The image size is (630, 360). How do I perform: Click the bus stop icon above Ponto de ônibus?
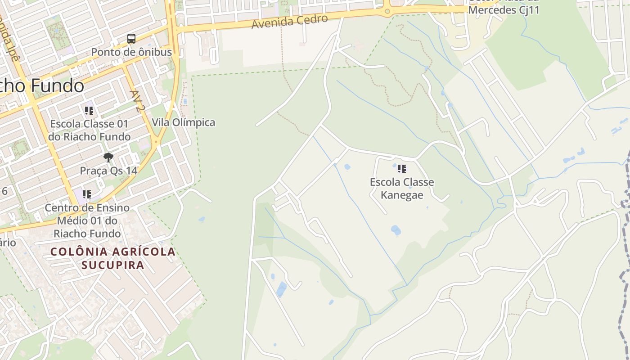coord(131,39)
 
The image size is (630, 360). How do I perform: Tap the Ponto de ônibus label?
coord(131,52)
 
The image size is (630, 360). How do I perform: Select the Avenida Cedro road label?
coord(289,21)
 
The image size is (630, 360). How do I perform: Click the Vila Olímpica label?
coord(183,122)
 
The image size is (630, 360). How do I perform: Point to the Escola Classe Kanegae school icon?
coord(402,169)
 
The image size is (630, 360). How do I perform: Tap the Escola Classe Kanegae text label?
coord(402,188)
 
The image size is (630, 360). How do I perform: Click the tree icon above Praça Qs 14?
coord(108,157)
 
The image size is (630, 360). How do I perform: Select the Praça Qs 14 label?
coord(108,171)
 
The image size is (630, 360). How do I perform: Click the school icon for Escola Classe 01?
coord(89,110)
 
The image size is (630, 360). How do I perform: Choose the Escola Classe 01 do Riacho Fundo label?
coord(89,130)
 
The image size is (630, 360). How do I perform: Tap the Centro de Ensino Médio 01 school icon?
coord(87,194)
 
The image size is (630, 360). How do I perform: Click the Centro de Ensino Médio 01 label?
coord(87,220)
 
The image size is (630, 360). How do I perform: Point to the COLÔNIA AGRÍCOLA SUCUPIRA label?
coord(112,258)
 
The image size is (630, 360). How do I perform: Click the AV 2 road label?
coord(136,101)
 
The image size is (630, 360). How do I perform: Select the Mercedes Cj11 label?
coord(504,9)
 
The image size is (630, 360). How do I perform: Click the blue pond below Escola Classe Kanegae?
coord(396,230)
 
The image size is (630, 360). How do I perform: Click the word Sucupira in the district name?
coord(112,265)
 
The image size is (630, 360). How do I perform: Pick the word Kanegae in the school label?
coord(402,195)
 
